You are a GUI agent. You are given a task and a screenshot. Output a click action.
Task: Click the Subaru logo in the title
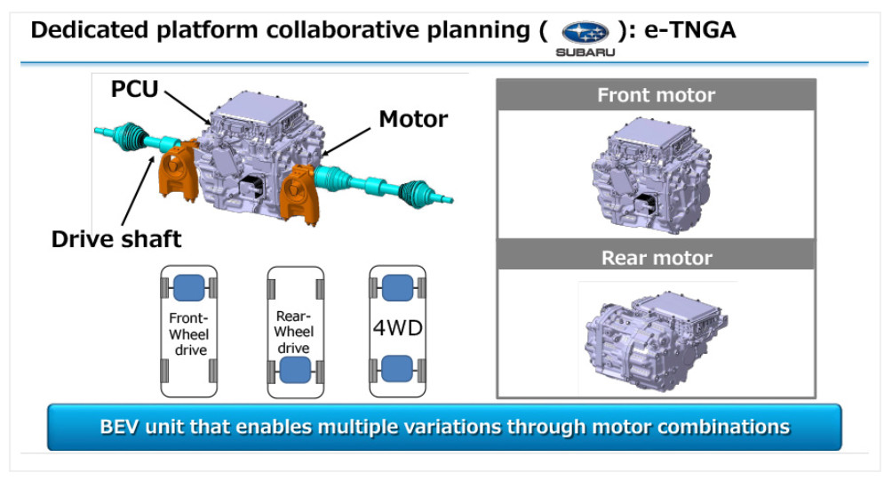[585, 33]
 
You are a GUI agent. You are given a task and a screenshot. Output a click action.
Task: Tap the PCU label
[136, 89]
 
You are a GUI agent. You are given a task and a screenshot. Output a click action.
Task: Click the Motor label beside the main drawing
[413, 118]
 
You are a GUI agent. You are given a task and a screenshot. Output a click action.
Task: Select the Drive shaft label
[116, 238]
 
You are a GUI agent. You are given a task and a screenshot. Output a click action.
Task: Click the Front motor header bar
[656, 95]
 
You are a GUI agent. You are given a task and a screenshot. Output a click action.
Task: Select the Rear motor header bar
[656, 258]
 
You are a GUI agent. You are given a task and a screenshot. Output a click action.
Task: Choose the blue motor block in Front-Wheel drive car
[188, 288]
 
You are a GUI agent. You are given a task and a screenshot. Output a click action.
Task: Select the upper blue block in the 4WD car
[397, 288]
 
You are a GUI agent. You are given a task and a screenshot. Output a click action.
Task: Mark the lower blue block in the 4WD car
[397, 368]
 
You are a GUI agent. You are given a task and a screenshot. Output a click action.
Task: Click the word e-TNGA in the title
[684, 30]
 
